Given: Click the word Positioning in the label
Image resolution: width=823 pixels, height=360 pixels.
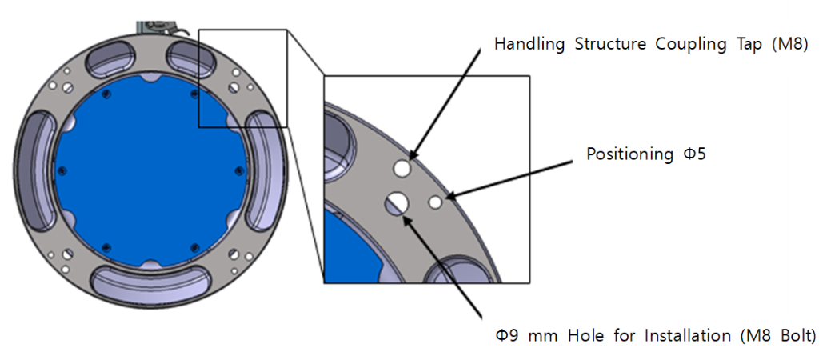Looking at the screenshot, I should (x=630, y=154).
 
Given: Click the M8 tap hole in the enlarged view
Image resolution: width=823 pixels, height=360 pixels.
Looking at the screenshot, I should (x=402, y=169).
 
